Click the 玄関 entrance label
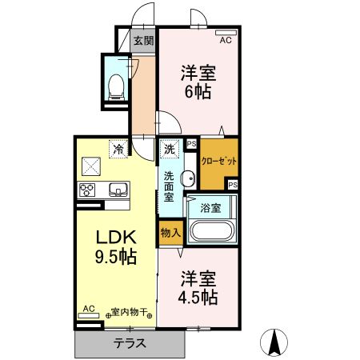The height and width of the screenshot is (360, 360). pos(143,41)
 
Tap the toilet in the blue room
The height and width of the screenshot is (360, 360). pos(116,83)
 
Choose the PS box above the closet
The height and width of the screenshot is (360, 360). pos(191,144)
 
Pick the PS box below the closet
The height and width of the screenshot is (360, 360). pos(232,184)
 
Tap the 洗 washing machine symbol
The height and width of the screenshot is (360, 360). pos(170,149)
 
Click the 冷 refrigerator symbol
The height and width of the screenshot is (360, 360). pos(118,149)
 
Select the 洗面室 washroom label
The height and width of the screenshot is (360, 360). pos(170,185)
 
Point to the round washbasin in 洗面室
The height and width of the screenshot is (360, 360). pos(187,178)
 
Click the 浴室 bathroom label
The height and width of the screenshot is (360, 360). pos(211,208)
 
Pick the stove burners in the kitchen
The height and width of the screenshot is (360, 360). pos(87,190)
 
